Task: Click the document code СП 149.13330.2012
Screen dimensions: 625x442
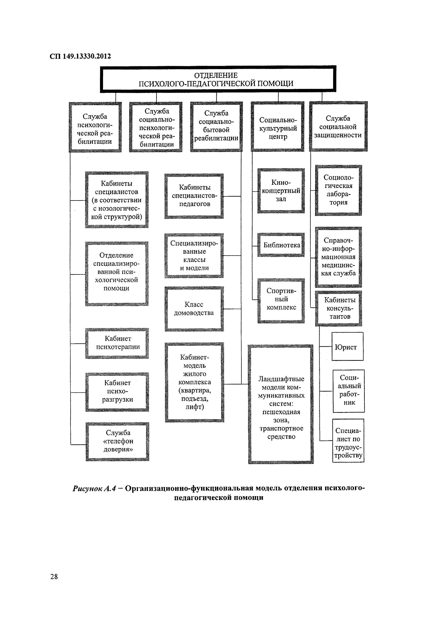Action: click(80, 56)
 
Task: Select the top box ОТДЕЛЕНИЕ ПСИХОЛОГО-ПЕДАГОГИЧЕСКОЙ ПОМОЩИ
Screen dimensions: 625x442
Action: click(218, 79)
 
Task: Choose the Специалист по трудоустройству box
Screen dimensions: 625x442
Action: click(348, 443)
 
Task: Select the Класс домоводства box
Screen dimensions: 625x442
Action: click(194, 309)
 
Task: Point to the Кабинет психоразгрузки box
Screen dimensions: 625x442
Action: click(117, 391)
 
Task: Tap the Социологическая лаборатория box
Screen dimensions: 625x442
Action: click(338, 190)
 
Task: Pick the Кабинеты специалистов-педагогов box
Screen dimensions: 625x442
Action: click(194, 196)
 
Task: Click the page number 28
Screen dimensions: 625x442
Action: click(54, 577)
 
